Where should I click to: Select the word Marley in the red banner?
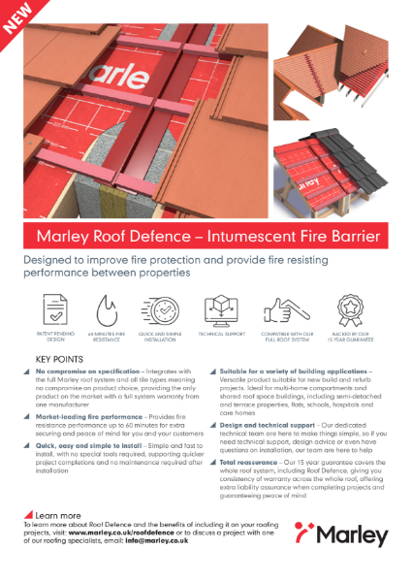(61, 236)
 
